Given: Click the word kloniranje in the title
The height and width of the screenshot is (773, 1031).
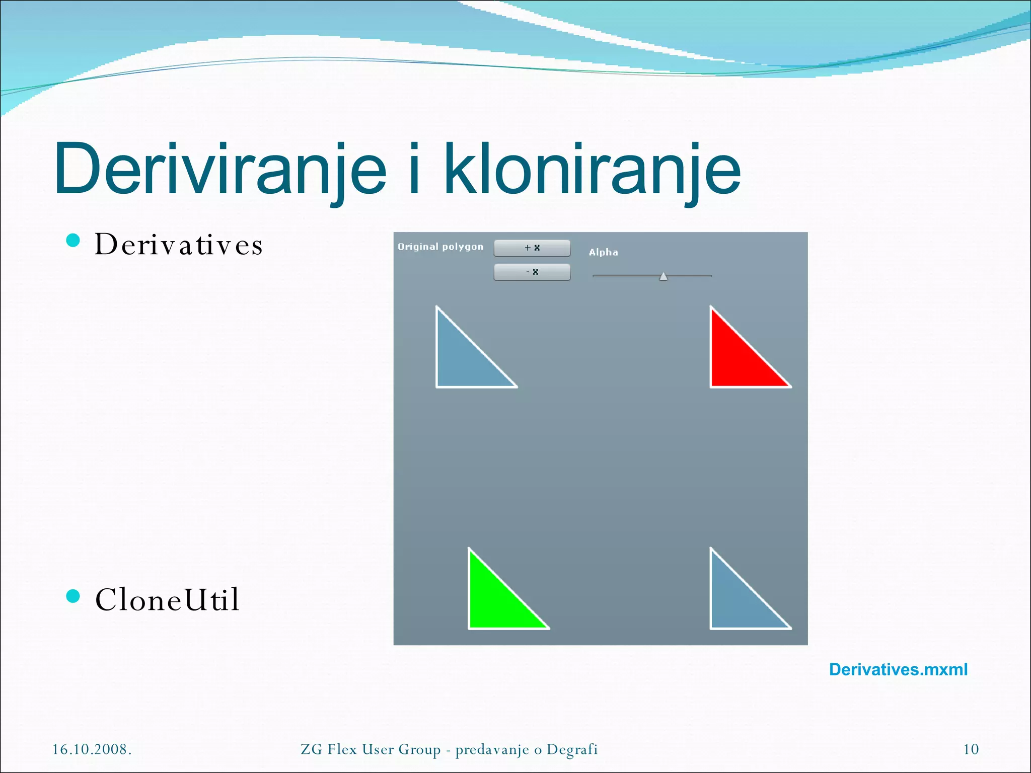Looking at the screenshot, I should click(592, 170).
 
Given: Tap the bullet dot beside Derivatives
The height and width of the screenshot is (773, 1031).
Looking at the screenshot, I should click(73, 241).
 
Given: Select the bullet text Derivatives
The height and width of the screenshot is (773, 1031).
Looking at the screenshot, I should click(179, 245).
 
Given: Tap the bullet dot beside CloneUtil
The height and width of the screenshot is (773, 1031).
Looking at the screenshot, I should click(73, 596).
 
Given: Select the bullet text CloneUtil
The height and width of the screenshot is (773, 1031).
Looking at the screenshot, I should click(167, 600).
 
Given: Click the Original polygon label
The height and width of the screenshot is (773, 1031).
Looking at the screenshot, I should click(440, 247).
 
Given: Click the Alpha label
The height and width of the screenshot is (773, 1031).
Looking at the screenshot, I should click(603, 252).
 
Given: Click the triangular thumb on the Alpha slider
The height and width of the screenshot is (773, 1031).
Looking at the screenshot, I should click(664, 276).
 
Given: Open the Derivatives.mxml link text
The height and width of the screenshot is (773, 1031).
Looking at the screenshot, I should click(898, 670).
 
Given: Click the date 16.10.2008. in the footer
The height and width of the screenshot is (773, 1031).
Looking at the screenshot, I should click(92, 749).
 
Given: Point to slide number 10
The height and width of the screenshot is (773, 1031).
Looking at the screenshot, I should click(971, 749).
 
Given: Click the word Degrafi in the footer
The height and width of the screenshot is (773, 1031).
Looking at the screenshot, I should click(572, 749).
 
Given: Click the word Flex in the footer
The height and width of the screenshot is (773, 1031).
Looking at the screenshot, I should click(342, 749).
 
